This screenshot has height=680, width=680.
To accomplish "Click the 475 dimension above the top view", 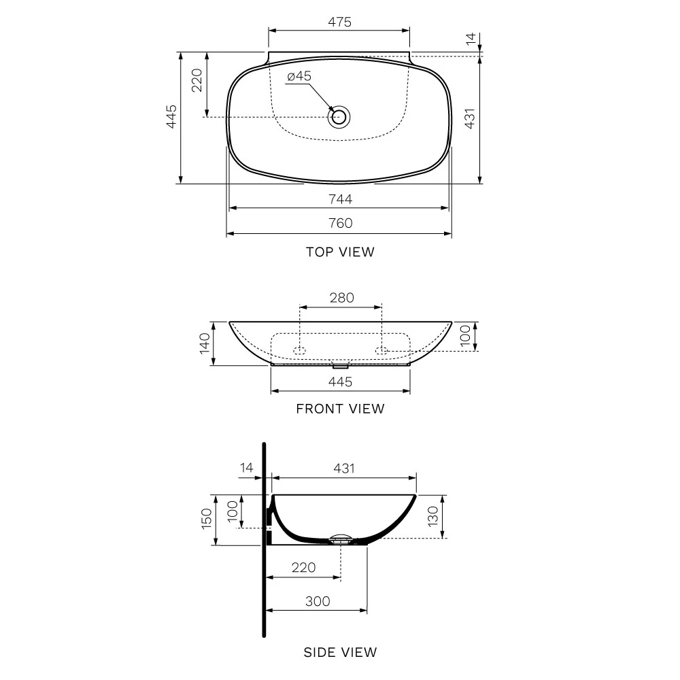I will tap(339, 22).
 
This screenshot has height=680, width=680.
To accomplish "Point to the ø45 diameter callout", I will tap(299, 77).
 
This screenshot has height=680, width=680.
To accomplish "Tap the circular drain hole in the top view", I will tap(339, 117).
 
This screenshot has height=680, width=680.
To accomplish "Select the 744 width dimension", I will tap(339, 199).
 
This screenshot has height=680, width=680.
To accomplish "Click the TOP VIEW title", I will tap(339, 252).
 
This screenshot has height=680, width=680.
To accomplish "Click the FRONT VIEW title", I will tap(340, 409).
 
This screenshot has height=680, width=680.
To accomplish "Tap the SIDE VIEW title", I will tap(340, 653).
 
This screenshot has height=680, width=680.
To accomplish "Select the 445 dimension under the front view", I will tap(340, 382).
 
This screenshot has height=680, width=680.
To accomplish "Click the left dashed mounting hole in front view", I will tap(299, 350).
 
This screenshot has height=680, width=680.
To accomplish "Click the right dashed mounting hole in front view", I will tap(381, 350).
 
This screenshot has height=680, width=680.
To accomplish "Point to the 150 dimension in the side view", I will tap(206, 519).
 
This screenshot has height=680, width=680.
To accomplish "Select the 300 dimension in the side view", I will tap(317, 602).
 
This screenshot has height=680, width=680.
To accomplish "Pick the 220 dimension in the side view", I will tap(303, 568).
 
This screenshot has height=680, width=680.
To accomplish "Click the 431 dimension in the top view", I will tap(469, 120).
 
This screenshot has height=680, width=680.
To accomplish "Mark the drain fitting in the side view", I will tap(341, 541).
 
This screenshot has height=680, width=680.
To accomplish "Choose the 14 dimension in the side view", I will tap(246, 469).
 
